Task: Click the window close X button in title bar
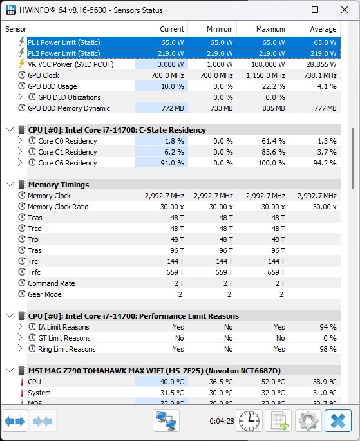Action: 345,10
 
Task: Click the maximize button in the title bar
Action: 315,10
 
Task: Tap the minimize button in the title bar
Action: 286,10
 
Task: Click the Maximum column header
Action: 270,29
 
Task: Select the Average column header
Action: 323,29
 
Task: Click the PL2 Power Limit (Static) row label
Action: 64,53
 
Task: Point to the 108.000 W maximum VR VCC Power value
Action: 268,64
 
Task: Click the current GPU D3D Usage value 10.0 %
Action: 173,86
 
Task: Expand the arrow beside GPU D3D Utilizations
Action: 20,97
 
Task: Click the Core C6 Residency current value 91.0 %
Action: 172,163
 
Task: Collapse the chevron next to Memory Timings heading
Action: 10,185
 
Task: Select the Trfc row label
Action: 34,272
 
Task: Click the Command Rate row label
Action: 51,283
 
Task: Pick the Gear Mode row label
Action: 44,294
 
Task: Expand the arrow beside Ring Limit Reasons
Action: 20,349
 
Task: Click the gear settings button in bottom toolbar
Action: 308,421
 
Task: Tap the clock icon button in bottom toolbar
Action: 249,421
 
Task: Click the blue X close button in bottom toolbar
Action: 337,421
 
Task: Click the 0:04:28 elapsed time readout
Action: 222,421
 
